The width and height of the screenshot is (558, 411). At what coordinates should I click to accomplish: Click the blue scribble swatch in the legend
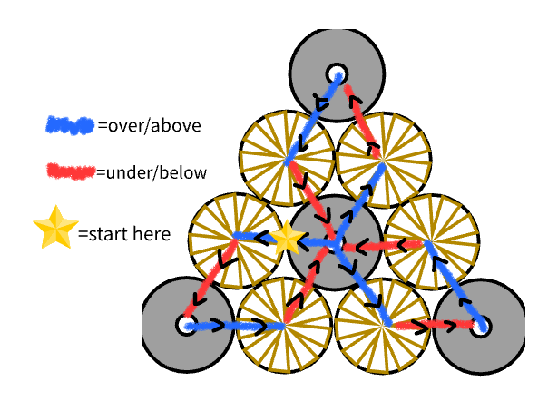pyautogui.click(x=70, y=125)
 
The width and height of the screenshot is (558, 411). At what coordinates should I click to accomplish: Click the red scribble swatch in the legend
pyautogui.click(x=70, y=171)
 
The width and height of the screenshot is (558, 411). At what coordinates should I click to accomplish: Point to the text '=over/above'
pyautogui.click(x=149, y=126)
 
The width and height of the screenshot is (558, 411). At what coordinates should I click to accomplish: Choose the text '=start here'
pyautogui.click(x=123, y=233)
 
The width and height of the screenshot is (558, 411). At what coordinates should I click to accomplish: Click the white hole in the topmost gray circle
pyautogui.click(x=337, y=73)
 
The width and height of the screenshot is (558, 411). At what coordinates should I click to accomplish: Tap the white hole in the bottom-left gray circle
pyautogui.click(x=185, y=325)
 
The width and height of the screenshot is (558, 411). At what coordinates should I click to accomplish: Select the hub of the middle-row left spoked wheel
pyautogui.click(x=238, y=236)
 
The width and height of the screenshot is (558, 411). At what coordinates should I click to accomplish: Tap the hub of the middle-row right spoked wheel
pyautogui.click(x=430, y=242)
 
